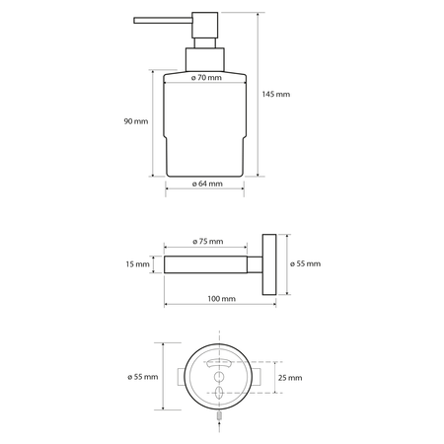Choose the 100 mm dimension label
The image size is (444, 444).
(221, 298)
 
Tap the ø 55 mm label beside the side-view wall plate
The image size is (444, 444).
(307, 263)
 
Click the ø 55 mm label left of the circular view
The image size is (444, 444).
(143, 377)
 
